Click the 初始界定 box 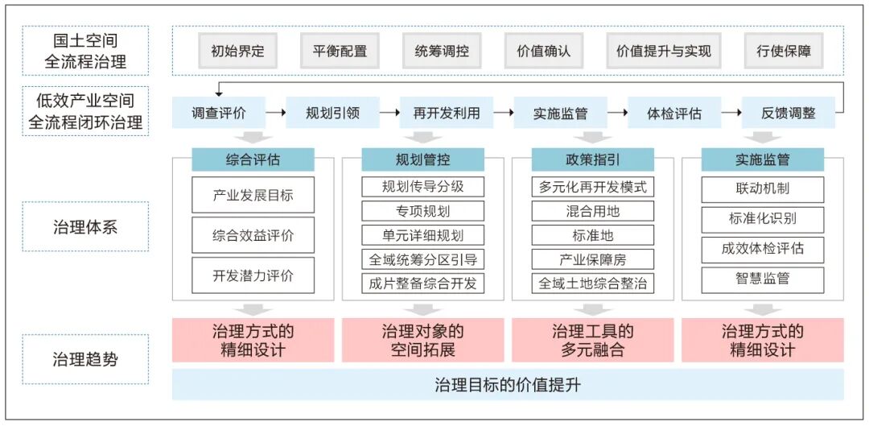pyautogui.click(x=237, y=52)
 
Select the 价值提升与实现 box pyautogui.click(x=663, y=52)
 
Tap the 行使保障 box pyautogui.click(x=784, y=52)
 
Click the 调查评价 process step pyautogui.click(x=219, y=113)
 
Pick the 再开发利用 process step pyautogui.click(x=447, y=113)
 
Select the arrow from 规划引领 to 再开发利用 pyautogui.click(x=389, y=113)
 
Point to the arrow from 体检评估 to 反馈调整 pyautogui.click(x=731, y=113)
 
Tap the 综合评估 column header pyautogui.click(x=253, y=159)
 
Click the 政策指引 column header pyautogui.click(x=593, y=159)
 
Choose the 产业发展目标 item pyautogui.click(x=253, y=195)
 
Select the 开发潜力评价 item pyautogui.click(x=253, y=275)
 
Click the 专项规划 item pyautogui.click(x=423, y=211)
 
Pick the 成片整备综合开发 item pyautogui.click(x=423, y=283)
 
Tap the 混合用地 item pyautogui.click(x=593, y=211)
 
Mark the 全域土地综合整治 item pyautogui.click(x=593, y=283)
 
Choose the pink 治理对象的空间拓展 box pyautogui.click(x=423, y=340)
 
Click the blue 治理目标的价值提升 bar pyautogui.click(x=508, y=384)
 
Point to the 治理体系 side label pyautogui.click(x=85, y=226)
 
